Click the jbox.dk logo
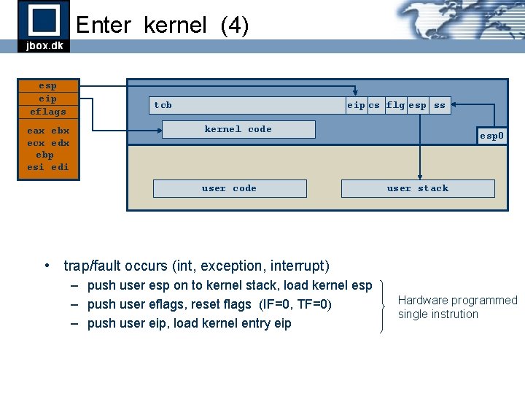[44, 26]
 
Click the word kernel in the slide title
[176, 26]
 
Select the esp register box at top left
[47, 85]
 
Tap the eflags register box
[47, 112]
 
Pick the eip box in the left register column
[47, 98]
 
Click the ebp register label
[47, 155]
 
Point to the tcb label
[163, 105]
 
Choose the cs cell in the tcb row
[374, 105]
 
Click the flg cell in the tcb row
[395, 105]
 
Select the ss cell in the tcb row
[440, 105]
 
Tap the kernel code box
[238, 129]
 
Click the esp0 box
[491, 136]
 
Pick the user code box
[229, 188]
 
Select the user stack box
[418, 188]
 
